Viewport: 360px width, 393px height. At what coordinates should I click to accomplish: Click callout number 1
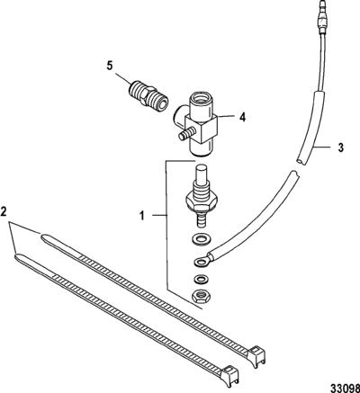point(142,216)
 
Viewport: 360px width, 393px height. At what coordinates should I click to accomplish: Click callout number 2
point(4,211)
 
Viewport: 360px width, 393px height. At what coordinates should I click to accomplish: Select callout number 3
point(340,147)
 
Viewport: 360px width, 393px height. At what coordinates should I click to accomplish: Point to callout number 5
point(111,66)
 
